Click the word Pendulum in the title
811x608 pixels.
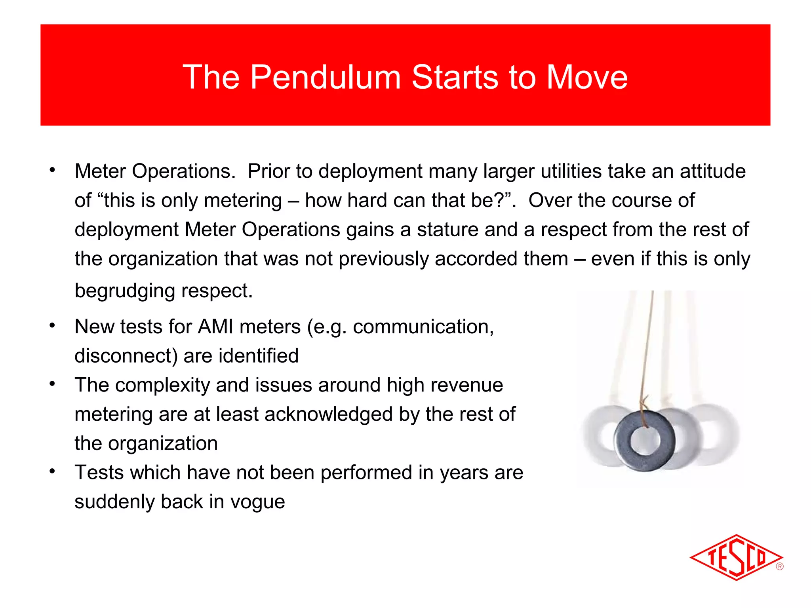pos(325,77)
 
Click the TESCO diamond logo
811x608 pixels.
pos(735,558)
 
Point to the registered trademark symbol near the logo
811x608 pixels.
pos(780,566)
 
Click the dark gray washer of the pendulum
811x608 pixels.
pos(626,451)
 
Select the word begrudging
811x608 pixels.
pos(125,291)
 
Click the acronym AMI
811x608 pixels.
pos(215,327)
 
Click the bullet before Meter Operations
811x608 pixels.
pos(52,171)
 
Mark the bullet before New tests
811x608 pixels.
pos(52,326)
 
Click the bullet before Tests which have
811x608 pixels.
pos(52,471)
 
